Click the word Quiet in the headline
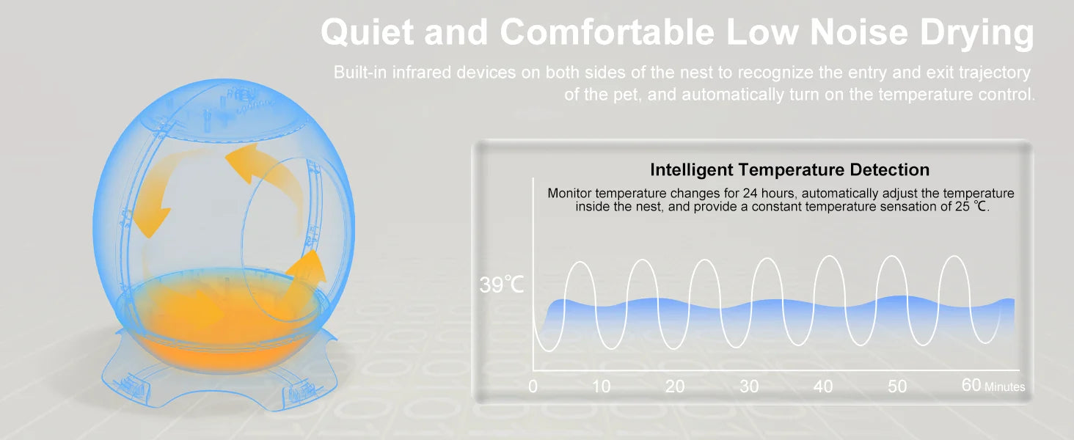coord(368,33)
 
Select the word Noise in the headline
coord(859,32)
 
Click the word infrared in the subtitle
coord(421,73)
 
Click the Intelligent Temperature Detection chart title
coord(789,169)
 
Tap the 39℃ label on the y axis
coord(502,285)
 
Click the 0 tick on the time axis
coord(533,386)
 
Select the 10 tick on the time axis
coord(601,386)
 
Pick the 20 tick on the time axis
coord(675,386)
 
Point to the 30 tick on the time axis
coord(749,386)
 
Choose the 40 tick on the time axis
coord(823,386)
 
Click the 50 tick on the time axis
coord(897,386)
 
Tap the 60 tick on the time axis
coord(971,385)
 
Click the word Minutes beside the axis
coord(1004,386)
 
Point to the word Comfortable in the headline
coord(607,32)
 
